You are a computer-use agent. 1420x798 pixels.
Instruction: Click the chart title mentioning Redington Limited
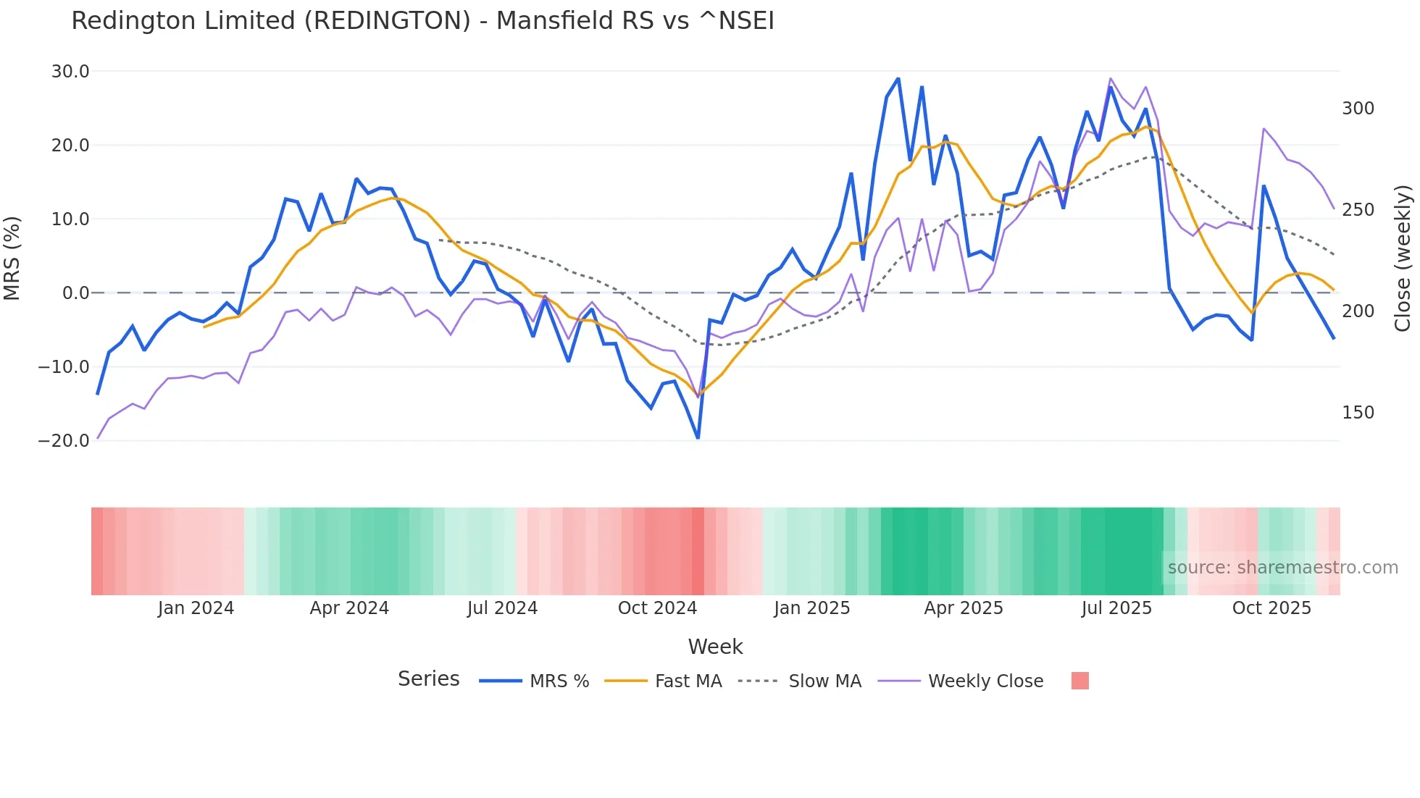[422, 21]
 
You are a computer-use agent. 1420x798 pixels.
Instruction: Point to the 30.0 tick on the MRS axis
[70, 72]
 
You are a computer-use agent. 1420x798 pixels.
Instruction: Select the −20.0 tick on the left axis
[64, 441]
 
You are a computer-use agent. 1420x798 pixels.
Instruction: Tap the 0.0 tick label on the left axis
[75, 293]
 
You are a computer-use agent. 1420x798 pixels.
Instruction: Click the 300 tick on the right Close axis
[1358, 109]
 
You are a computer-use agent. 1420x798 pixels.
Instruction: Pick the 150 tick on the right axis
[1358, 413]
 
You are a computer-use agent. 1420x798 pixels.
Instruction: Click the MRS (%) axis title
[12, 259]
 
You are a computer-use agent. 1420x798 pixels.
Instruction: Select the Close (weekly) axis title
[1403, 259]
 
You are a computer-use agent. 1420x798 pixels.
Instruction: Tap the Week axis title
[715, 647]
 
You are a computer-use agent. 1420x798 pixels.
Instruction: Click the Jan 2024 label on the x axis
[196, 608]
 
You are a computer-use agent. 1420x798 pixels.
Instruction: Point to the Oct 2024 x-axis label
[657, 608]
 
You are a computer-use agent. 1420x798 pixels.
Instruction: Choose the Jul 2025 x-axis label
[1116, 608]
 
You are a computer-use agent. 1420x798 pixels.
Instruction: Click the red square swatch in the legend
[1079, 681]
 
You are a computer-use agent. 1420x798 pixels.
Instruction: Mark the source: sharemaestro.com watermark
[1282, 568]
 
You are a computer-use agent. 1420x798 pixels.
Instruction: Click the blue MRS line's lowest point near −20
[698, 438]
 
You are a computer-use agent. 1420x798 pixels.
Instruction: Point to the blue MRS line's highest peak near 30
[898, 78]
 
